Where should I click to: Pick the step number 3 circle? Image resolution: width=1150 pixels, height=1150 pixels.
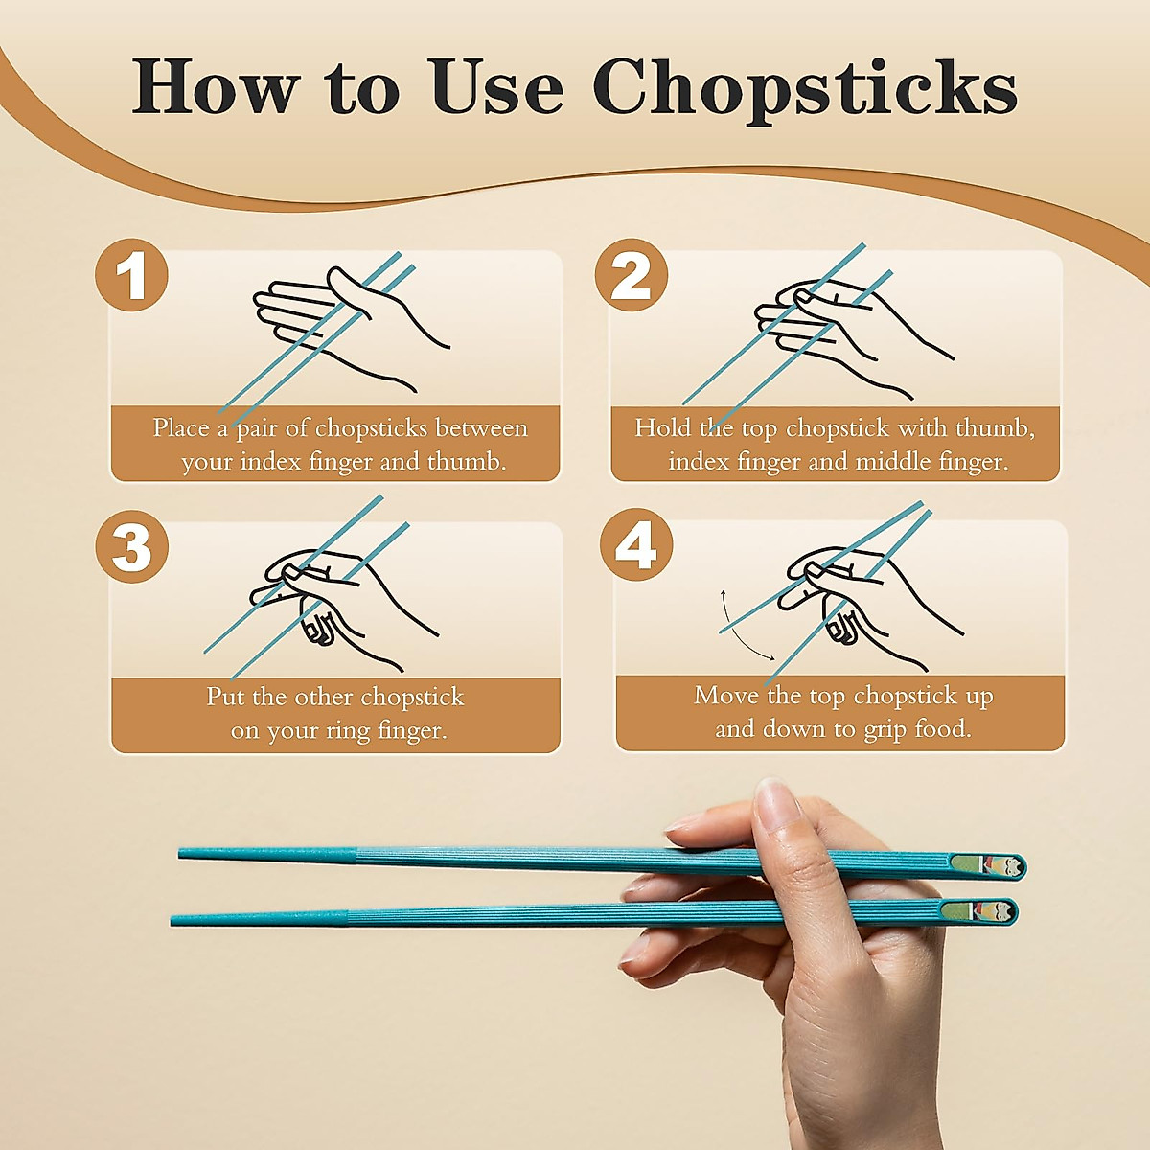(x=131, y=547)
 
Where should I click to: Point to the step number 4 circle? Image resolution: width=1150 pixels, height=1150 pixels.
(x=635, y=545)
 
